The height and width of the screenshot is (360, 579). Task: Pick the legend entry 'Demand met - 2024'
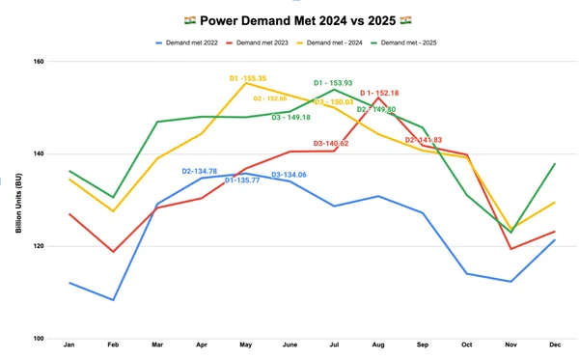[x=334, y=42]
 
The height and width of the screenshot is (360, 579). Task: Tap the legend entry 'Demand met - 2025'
[x=409, y=42]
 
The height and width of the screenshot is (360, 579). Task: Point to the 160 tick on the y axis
[x=39, y=62]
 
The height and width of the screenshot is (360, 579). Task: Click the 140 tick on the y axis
[x=39, y=154]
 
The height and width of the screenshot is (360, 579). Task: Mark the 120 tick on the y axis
[x=39, y=246]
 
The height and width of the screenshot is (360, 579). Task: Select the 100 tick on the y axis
[x=39, y=339]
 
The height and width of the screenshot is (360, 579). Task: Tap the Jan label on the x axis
[x=69, y=345]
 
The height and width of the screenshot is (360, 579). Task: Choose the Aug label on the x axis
[x=378, y=345]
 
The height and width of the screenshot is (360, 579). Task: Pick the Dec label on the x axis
[x=555, y=345]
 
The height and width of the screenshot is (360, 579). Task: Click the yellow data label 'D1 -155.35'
[x=248, y=78]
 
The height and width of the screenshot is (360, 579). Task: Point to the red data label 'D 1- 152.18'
[x=379, y=93]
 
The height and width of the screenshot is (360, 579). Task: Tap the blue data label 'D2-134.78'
[x=200, y=171]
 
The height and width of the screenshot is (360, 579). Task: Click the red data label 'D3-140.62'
[x=331, y=144]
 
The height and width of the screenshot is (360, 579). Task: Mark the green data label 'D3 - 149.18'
[x=290, y=118]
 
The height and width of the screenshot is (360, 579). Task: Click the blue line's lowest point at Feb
[x=114, y=299]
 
